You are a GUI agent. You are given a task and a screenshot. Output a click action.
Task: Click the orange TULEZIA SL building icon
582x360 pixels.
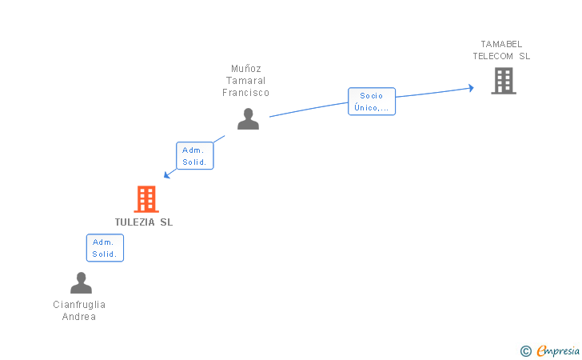[x=146, y=199]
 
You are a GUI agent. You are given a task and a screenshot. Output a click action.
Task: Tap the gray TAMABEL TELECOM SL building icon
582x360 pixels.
[x=504, y=81]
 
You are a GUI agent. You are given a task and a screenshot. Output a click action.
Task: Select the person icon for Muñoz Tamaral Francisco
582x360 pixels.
[x=248, y=119]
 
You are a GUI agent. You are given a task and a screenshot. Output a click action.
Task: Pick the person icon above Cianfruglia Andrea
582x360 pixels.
[x=81, y=282]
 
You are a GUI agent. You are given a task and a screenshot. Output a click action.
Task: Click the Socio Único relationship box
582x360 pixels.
[x=372, y=102]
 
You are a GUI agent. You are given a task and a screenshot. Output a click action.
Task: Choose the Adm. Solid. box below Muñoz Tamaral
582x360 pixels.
[x=195, y=156]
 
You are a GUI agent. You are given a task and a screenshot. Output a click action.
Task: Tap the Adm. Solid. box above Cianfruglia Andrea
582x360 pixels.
[x=105, y=248]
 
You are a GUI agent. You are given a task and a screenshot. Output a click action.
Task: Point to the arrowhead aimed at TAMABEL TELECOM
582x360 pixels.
[x=471, y=88]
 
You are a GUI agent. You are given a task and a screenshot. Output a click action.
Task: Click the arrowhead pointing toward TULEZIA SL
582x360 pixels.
[x=167, y=174]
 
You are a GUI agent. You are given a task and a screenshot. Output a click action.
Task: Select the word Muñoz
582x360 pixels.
[x=246, y=69]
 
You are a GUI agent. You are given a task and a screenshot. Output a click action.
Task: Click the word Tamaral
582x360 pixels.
[x=245, y=81]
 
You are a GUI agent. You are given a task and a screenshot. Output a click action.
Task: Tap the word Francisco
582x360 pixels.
[x=245, y=93]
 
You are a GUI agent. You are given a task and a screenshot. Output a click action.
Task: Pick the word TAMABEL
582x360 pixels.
[x=501, y=44]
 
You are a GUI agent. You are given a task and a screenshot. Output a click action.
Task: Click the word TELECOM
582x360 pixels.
[x=493, y=56]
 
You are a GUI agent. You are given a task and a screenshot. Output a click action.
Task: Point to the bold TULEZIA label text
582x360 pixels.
[x=134, y=222]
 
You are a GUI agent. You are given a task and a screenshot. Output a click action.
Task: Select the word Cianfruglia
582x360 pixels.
[x=79, y=305]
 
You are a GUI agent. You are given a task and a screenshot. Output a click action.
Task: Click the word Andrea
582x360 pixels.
[x=79, y=317]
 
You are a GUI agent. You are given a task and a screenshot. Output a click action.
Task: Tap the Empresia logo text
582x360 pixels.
[x=558, y=350]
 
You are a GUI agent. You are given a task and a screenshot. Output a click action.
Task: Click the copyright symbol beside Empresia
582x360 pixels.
[x=526, y=351]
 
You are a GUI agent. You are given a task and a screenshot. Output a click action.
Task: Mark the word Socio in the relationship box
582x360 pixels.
[x=371, y=96]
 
